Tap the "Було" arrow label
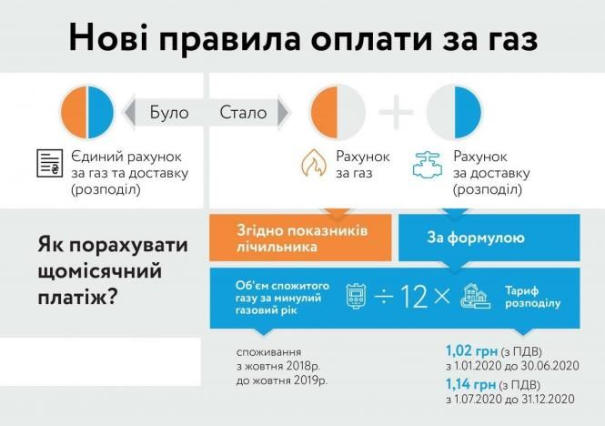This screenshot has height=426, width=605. (170, 113)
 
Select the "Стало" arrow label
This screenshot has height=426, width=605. (244, 113)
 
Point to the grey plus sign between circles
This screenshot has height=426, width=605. (396, 113)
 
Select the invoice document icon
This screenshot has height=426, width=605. (49, 164)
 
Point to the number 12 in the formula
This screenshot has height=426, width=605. (413, 297)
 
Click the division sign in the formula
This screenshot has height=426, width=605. (382, 297)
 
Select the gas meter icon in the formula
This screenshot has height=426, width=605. (355, 297)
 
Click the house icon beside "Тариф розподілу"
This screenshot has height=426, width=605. (476, 296)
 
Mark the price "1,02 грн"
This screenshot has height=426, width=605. (468, 349)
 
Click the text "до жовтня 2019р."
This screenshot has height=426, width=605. (281, 379)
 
